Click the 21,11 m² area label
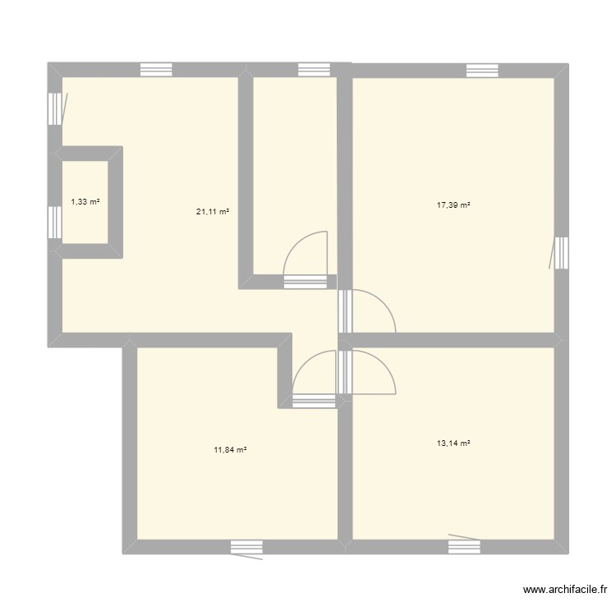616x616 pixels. pos(211,211)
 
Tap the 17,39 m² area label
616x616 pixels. pos(453,205)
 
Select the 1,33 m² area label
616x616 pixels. pos(85,201)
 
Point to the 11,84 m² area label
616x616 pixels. pos(231,449)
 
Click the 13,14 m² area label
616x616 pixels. pos(453,443)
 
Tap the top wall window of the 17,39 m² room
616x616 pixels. pos(482,70)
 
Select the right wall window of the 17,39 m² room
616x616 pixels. pos(561,253)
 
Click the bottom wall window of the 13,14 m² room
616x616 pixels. pos(465,546)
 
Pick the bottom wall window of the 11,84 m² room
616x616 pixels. pos(246,547)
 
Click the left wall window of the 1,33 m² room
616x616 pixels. pos(54,222)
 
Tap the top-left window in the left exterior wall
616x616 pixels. pos(54,108)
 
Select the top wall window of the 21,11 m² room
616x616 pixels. pos(156,70)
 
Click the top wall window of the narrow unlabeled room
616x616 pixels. pos(313,70)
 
